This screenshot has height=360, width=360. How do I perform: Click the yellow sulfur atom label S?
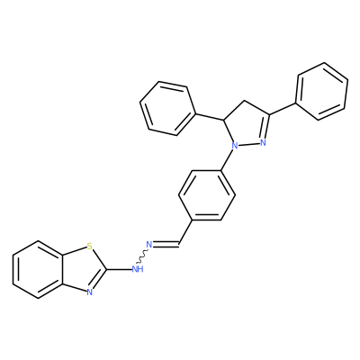(x=89, y=247)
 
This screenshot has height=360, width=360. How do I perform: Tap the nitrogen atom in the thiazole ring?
(x=89, y=292)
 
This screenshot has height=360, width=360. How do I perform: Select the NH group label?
(x=138, y=269)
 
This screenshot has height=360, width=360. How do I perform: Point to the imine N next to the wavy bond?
(x=149, y=245)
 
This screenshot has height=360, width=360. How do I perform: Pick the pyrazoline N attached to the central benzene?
(x=235, y=146)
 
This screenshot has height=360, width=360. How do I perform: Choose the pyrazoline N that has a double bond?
(x=263, y=142)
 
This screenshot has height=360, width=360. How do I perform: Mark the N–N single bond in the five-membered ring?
(x=249, y=144)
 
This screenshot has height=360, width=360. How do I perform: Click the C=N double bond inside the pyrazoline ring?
(x=265, y=126)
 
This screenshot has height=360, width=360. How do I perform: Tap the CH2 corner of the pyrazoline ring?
(x=245, y=101)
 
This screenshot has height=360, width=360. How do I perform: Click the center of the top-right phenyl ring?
(x=322, y=92)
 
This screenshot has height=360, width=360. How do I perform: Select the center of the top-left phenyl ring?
(x=166, y=109)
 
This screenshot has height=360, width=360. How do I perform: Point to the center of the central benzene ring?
(x=207, y=195)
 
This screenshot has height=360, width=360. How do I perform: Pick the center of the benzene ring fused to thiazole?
(x=38, y=269)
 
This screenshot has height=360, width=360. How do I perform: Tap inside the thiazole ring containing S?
(x=82, y=269)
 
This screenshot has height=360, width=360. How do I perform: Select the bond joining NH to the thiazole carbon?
(x=119, y=269)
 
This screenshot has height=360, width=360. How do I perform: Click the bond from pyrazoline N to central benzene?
(x=227, y=160)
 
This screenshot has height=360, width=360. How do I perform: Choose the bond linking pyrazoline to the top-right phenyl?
(x=283, y=109)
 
